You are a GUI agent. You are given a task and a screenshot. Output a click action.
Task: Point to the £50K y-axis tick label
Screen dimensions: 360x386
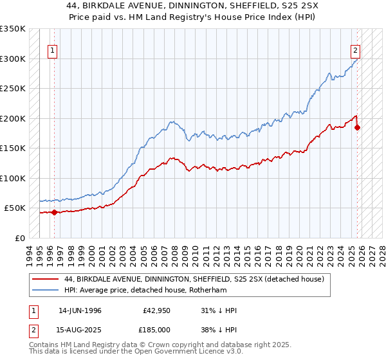14,208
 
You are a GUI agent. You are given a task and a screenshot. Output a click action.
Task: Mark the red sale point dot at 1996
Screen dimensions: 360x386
54,212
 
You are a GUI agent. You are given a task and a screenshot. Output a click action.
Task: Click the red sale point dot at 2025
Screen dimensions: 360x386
358,127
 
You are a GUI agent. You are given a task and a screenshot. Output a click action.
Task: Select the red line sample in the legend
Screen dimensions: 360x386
46,278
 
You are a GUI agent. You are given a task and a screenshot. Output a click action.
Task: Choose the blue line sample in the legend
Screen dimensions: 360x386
46,290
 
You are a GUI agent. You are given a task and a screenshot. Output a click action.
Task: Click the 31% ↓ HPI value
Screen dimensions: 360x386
218,310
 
